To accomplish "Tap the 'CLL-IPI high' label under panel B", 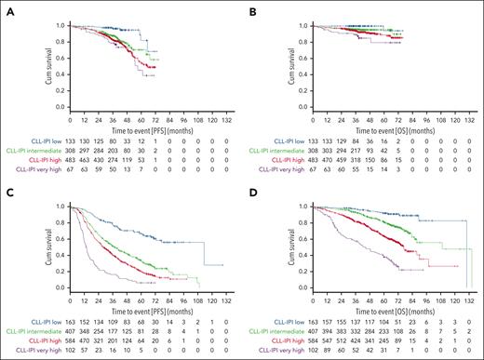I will [289, 153].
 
